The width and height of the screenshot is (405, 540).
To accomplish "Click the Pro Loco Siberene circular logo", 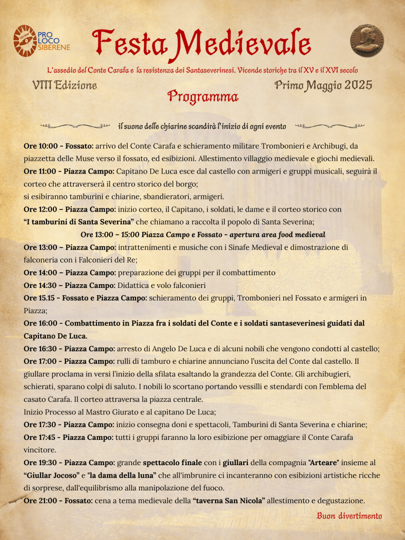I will pos(24,40).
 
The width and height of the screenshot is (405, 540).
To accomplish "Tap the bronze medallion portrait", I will pos(367,40).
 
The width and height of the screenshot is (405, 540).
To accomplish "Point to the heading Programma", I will pos(203,97).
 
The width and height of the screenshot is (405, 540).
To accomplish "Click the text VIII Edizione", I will pos(64,85).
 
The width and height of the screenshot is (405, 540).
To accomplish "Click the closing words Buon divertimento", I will pos(349,516).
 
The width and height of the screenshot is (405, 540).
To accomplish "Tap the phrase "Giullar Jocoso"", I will pos(52,475).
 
